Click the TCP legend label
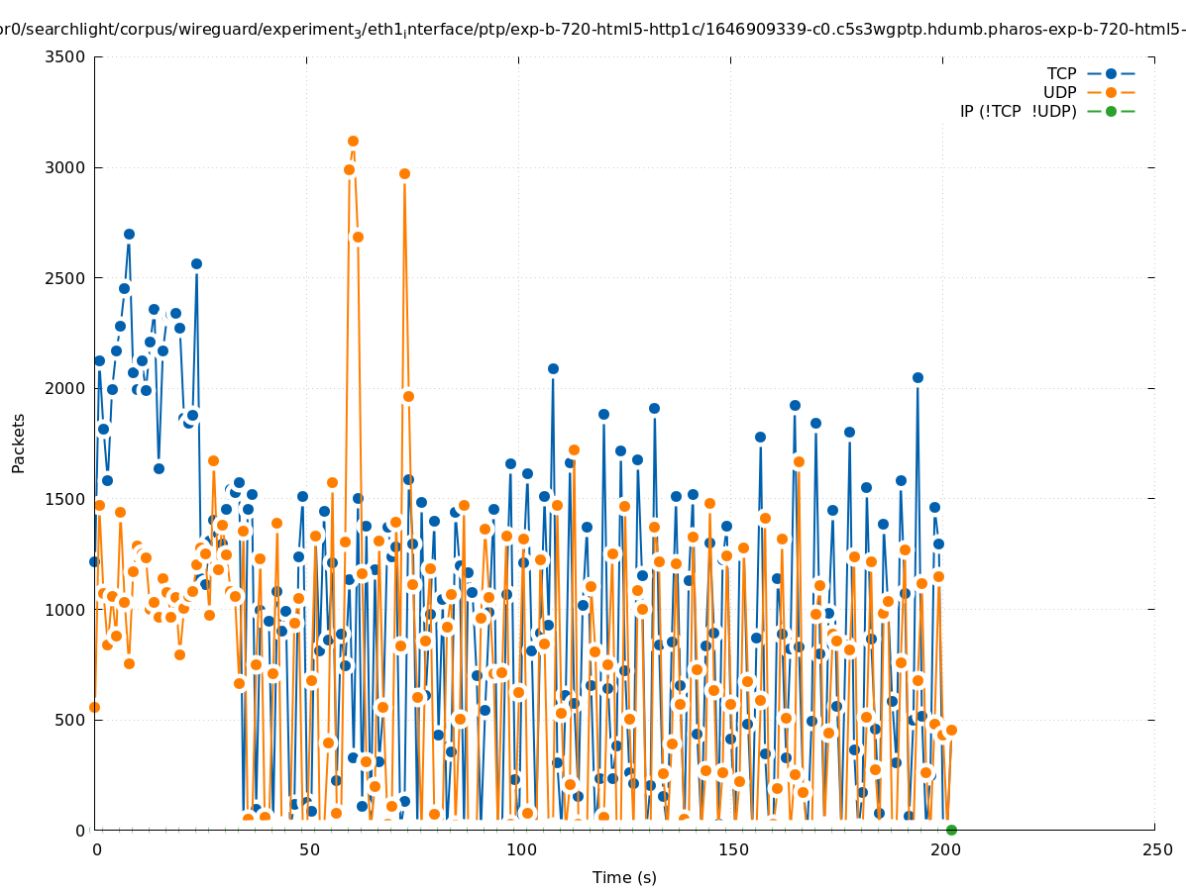(1061, 73)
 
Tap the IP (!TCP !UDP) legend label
(1018, 111)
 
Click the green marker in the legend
(1111, 111)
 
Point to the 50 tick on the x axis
(309, 849)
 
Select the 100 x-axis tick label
(520, 849)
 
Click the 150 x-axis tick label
(732, 849)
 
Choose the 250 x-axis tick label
(1156, 849)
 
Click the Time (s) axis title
(624, 877)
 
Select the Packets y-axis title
(19, 443)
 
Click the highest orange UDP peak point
(353, 142)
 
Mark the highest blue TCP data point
(129, 235)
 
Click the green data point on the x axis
(951, 830)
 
